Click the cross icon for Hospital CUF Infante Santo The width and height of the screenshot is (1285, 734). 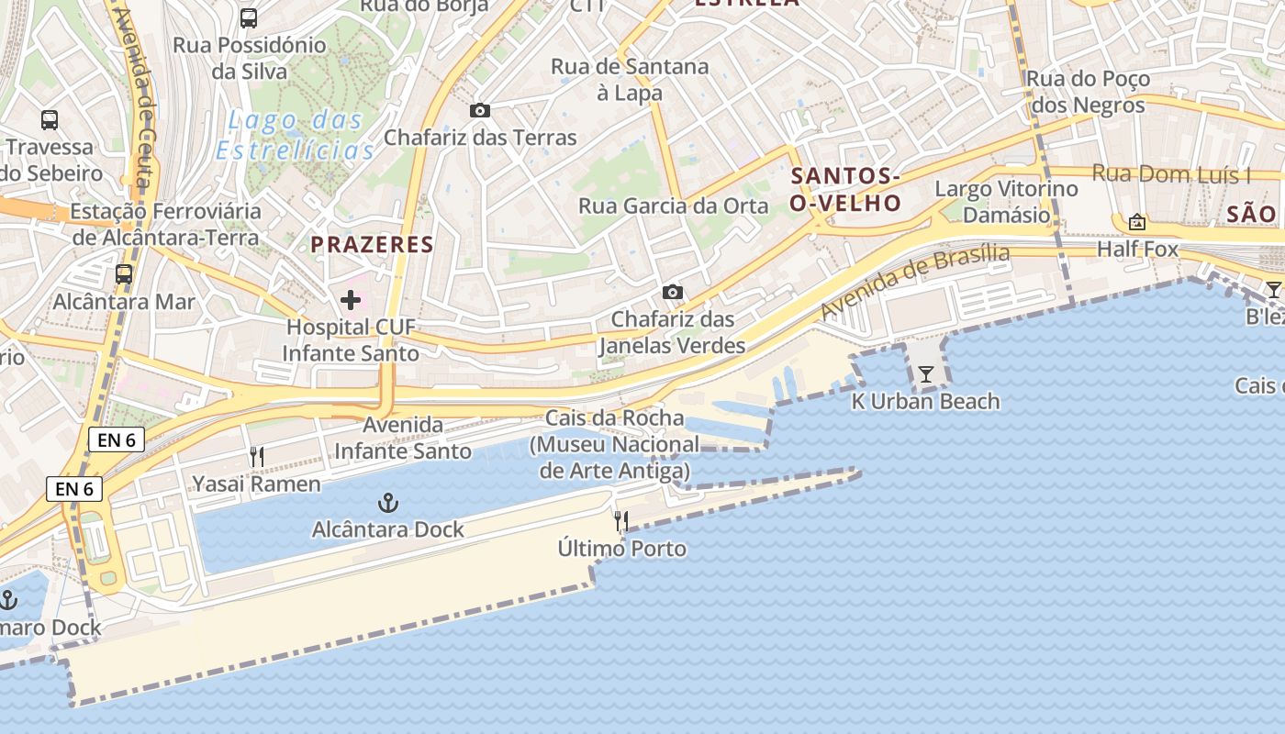350,300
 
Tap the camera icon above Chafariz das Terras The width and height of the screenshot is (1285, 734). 479,111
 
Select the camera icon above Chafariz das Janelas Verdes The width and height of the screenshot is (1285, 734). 673,293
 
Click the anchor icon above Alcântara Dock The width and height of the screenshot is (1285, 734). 388,503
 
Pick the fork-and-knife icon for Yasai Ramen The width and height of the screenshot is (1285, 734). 257,457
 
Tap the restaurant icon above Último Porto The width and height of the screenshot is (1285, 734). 621,522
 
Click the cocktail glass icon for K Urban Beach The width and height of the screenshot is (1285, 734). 925,374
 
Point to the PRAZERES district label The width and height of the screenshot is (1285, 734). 372,244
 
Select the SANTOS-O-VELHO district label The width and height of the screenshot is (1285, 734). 845,189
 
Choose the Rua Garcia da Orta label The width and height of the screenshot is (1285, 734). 674,206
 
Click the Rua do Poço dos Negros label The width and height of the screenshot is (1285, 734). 1088,92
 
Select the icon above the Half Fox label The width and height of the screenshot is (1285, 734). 1137,222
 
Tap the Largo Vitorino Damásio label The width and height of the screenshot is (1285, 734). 1006,202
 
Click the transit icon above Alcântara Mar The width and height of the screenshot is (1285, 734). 124,274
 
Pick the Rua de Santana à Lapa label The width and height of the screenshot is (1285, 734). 630,79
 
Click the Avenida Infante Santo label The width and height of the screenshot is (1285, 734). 403,438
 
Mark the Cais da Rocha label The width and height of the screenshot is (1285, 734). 614,417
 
